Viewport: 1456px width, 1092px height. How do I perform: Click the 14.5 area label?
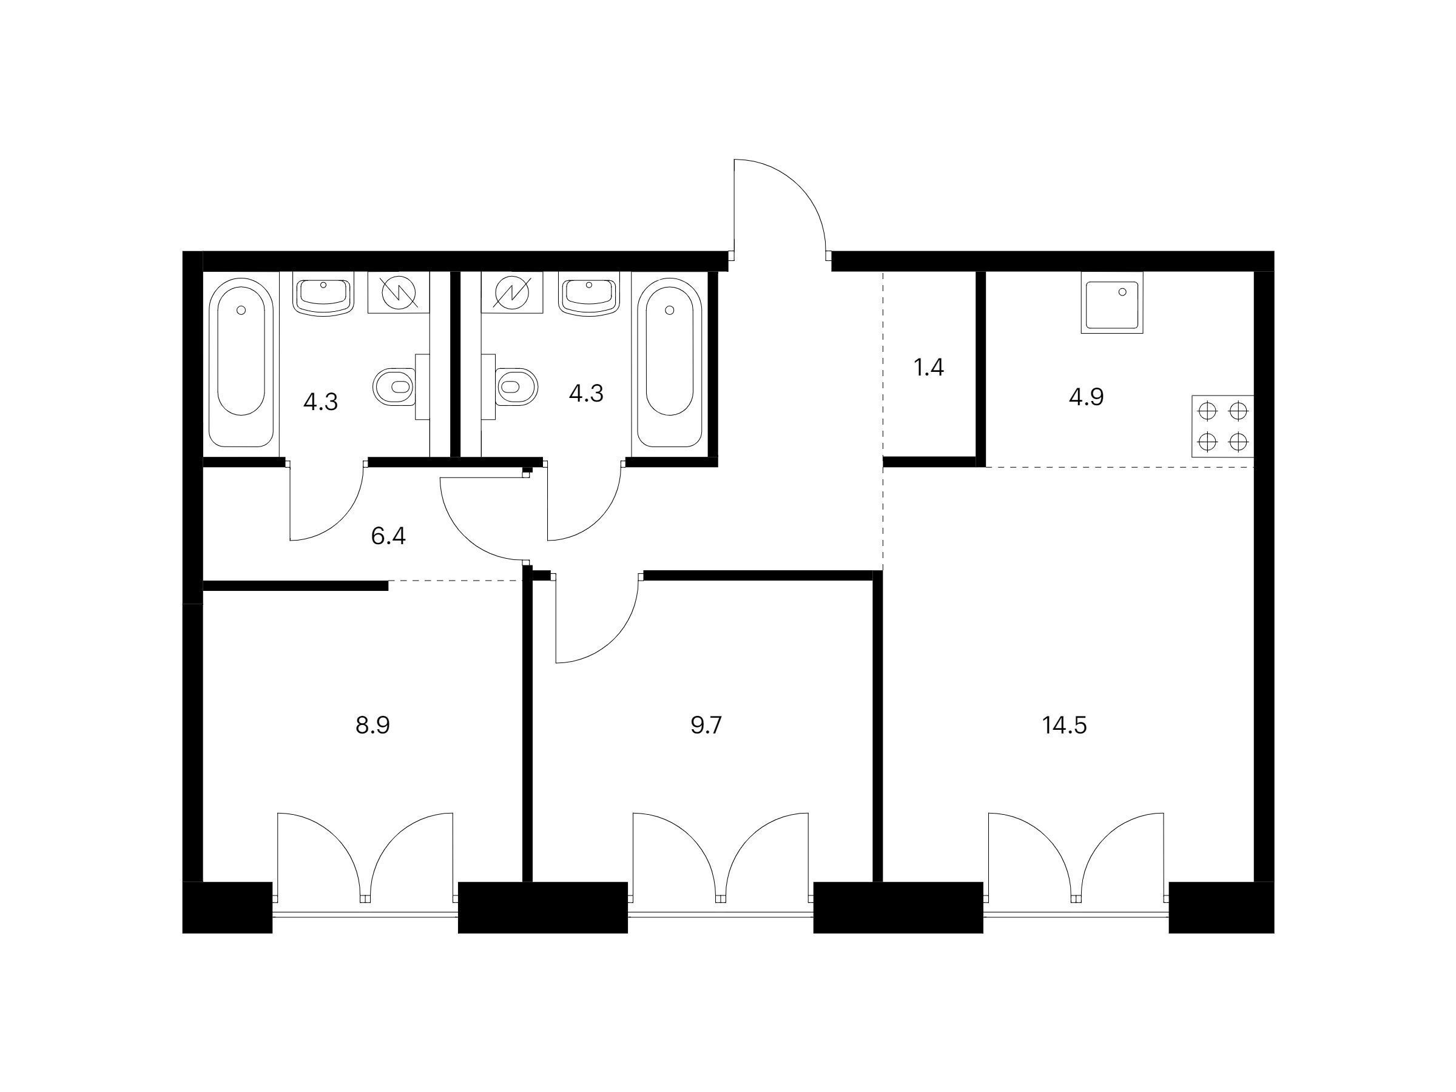pos(1063,726)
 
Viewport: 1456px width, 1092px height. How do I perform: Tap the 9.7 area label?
pos(706,726)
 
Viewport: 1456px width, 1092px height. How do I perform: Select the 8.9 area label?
pos(372,726)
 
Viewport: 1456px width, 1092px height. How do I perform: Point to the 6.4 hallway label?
pos(388,536)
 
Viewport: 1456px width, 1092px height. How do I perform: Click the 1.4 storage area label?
pos(929,367)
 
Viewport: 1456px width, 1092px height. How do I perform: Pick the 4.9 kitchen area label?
pos(1086,397)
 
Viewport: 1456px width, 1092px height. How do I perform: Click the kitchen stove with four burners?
pos(1223,426)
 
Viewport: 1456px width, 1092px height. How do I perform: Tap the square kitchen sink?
pos(1112,303)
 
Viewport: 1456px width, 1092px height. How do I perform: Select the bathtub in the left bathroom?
pos(241,363)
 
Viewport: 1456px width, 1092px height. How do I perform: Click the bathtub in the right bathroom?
pos(669,363)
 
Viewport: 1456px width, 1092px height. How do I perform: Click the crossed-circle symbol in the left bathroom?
pos(398,292)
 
